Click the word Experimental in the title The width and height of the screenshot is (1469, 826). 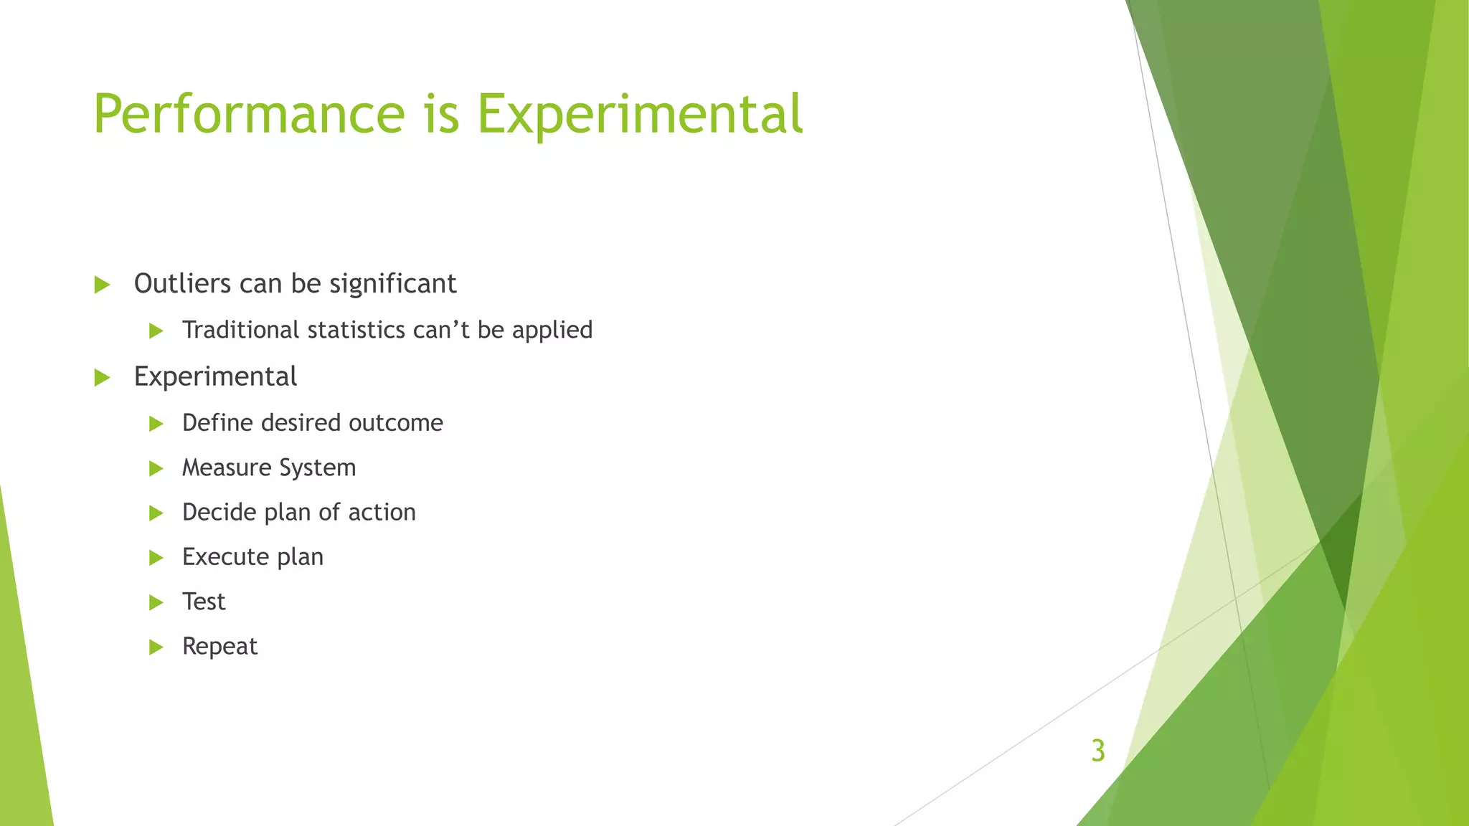639,115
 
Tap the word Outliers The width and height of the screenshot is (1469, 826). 182,284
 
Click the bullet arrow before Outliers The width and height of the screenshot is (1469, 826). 102,285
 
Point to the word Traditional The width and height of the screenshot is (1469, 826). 240,330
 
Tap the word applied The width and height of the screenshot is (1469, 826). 552,330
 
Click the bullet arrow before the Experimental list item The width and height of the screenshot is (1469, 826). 102,378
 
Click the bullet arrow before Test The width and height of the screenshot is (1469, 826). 156,602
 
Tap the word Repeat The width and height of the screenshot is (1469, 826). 219,646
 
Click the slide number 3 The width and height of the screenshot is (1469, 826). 1097,751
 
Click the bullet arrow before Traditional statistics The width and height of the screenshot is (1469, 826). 156,331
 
